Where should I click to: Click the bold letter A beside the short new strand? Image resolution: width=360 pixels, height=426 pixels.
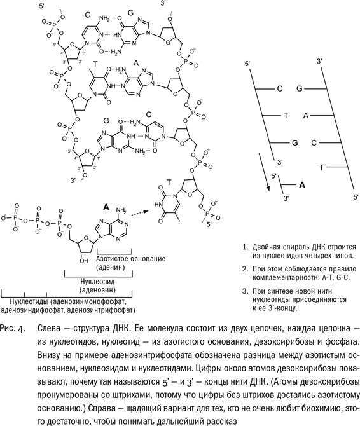302,185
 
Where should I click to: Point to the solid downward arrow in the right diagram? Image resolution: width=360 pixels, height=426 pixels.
263,172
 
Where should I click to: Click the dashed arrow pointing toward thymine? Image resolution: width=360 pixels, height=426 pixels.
139,214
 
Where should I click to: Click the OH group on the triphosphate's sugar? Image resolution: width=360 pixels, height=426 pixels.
84,261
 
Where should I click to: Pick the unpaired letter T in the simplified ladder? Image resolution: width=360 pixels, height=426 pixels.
321,167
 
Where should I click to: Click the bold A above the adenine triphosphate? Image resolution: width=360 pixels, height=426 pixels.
106,207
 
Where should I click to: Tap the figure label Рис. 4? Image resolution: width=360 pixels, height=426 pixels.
13,329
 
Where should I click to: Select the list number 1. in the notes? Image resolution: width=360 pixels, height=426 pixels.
246,247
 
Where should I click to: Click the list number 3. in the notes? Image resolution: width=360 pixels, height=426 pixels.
246,291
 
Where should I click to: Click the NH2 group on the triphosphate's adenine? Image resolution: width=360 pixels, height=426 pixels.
121,210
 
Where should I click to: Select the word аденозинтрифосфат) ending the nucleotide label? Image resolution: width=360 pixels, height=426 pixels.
102,310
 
